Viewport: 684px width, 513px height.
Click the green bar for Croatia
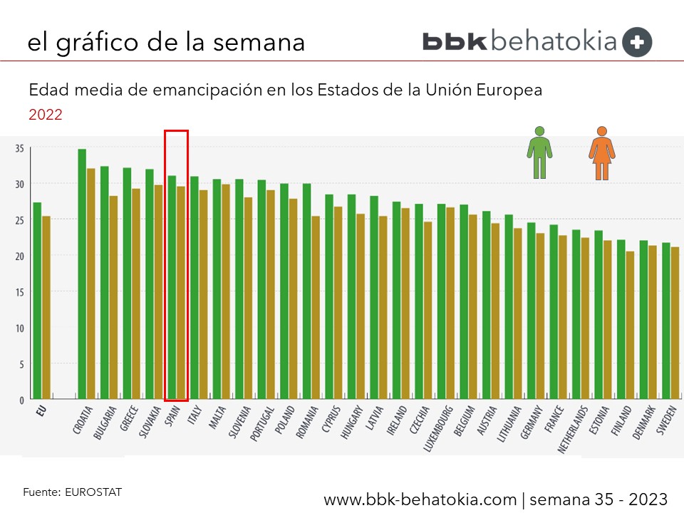(x=82, y=274)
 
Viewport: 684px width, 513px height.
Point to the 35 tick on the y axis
(x=19, y=148)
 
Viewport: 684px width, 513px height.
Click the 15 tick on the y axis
(x=19, y=292)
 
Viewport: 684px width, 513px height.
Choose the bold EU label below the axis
(x=40, y=411)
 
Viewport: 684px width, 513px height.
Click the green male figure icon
(x=539, y=152)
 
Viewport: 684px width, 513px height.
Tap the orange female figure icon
(x=602, y=152)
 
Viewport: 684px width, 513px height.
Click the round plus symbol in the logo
(x=637, y=42)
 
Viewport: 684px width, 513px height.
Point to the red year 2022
(x=45, y=114)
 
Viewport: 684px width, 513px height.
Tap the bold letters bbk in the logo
(x=455, y=41)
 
